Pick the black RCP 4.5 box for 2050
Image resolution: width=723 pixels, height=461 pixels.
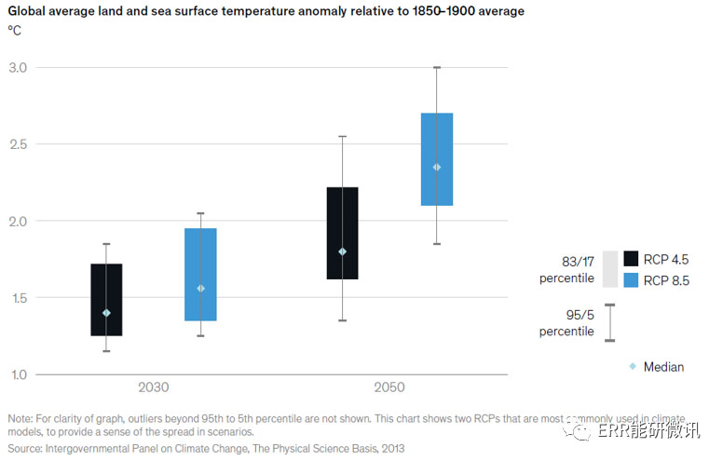click(342, 233)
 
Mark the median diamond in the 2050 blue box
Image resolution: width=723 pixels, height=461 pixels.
click(437, 167)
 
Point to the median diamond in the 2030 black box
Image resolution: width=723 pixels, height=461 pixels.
click(105, 313)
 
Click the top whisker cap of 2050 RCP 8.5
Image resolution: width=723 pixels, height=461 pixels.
click(437, 67)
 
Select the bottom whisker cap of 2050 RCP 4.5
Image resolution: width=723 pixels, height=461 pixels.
click(342, 320)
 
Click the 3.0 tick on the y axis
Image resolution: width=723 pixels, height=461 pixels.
click(18, 68)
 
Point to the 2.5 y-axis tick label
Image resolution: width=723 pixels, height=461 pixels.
click(18, 144)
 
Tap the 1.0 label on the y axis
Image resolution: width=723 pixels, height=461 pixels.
click(18, 374)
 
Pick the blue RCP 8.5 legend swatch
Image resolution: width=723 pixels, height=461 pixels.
click(632, 278)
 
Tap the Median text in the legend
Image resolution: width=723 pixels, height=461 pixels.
click(663, 367)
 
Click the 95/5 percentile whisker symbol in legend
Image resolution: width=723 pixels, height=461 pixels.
click(610, 322)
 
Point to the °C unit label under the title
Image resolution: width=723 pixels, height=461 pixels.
click(14, 30)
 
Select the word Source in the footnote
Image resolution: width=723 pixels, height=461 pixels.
click(26, 447)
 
